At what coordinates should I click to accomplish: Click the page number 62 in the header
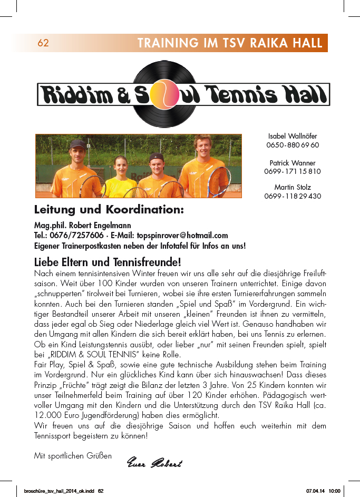tap(43, 43)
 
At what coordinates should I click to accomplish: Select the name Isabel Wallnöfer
tap(293, 137)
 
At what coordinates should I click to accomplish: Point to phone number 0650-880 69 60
tap(293, 145)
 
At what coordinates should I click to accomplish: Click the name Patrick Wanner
tap(293, 163)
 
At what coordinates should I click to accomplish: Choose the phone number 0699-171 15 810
tap(293, 171)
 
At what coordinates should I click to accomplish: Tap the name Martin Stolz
tap(293, 187)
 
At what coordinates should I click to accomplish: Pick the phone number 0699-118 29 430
tap(293, 196)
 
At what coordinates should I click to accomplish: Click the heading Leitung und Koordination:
tap(109, 210)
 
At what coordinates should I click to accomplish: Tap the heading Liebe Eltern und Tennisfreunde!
tap(108, 262)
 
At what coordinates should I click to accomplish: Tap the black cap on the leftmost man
tap(77, 143)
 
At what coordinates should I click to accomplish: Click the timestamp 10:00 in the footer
tap(335, 491)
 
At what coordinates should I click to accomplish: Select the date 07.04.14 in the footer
tap(315, 491)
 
